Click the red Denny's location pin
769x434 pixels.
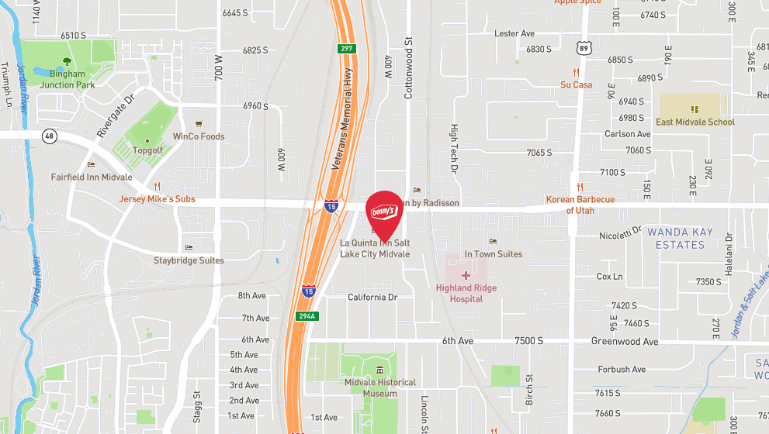pos(384,212)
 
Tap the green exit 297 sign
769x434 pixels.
pos(345,49)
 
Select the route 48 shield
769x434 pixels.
pos(50,136)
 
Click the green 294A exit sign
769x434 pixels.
pos(306,316)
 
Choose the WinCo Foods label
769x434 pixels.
pos(198,136)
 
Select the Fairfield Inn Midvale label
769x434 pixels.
pos(92,177)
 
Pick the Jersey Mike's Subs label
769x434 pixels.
pos(157,199)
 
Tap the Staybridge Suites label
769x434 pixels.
pos(189,260)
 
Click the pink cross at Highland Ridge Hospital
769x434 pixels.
pos(466,275)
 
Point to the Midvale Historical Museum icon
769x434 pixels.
pos(379,370)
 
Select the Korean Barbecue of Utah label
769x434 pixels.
pos(580,205)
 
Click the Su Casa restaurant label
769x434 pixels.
pos(577,84)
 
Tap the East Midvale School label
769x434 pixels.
pos(695,122)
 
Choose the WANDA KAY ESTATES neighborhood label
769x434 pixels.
pos(676,238)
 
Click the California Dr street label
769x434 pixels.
pos(372,297)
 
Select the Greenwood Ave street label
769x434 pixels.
pos(625,341)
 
